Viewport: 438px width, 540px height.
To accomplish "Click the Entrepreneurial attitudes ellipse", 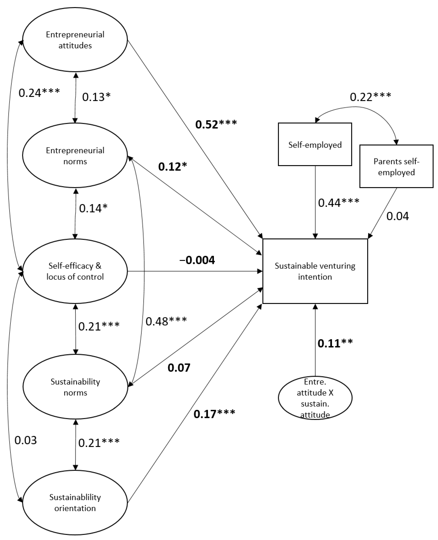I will click(x=75, y=40).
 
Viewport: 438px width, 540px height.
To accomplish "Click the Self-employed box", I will click(x=315, y=144).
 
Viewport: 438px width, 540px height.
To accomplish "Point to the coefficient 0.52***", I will click(x=216, y=124).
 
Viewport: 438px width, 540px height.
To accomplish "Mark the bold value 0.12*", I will click(x=173, y=167).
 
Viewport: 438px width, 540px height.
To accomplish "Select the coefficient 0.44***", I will click(x=338, y=202).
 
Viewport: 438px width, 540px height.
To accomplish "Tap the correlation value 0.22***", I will click(x=370, y=97).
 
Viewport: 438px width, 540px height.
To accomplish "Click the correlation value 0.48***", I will click(x=166, y=321).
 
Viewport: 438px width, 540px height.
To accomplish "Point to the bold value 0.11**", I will click(x=335, y=343).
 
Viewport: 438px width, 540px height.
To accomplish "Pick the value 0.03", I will click(x=26, y=440).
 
